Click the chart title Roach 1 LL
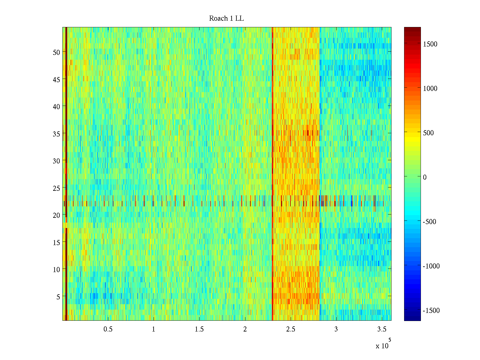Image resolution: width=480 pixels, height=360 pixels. pyautogui.click(x=226, y=19)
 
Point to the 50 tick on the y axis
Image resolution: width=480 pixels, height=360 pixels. pyautogui.click(x=56, y=52)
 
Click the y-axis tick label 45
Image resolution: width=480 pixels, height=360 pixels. pyautogui.click(x=56, y=79)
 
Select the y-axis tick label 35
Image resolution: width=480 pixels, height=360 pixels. pyautogui.click(x=56, y=134)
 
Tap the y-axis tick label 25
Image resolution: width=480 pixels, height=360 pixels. pyautogui.click(x=56, y=188)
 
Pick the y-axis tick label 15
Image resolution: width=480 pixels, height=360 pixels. pyautogui.click(x=56, y=242)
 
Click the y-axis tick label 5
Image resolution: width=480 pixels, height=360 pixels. pyautogui.click(x=58, y=297)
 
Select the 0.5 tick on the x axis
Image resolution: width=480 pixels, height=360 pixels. pyautogui.click(x=108, y=329)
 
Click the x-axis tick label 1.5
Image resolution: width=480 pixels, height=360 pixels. pyautogui.click(x=199, y=329)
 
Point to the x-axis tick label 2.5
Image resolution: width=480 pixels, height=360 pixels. pyautogui.click(x=290, y=329)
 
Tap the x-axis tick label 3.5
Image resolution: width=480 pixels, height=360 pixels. pyautogui.click(x=382, y=329)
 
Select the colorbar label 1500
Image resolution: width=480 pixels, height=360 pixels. pyautogui.click(x=430, y=44)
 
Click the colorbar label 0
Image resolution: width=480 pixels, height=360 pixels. pyautogui.click(x=424, y=177)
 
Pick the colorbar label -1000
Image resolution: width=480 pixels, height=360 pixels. pyautogui.click(x=431, y=266)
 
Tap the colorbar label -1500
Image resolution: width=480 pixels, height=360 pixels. pyautogui.click(x=431, y=310)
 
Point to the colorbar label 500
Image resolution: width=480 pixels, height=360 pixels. pyautogui.click(x=428, y=133)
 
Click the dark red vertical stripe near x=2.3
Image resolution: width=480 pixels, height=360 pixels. pyautogui.click(x=272, y=174)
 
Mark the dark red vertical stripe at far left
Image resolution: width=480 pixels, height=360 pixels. pyautogui.click(x=66, y=174)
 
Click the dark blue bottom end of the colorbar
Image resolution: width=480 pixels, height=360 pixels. pyautogui.click(x=412, y=318)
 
